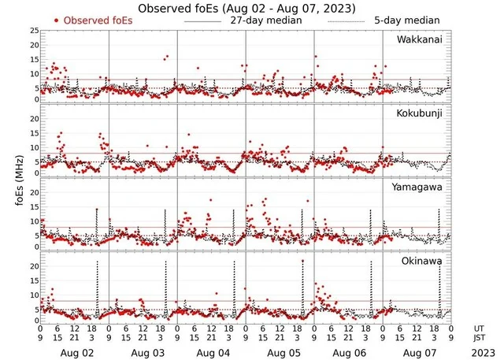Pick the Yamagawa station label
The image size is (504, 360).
click(x=421, y=187)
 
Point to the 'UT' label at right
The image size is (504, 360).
click(x=480, y=327)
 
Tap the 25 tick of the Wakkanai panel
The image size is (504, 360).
click(x=34, y=30)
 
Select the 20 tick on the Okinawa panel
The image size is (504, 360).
click(x=34, y=266)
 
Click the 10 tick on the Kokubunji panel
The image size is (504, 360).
click(x=34, y=147)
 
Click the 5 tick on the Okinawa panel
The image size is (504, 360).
click(x=34, y=310)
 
